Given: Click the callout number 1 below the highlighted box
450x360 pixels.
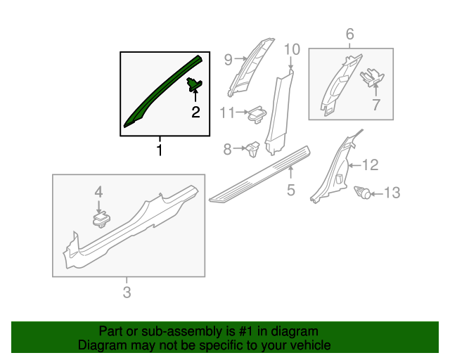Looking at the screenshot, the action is pyautogui.click(x=160, y=150).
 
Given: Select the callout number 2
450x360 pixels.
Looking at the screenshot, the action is pyautogui.click(x=195, y=112).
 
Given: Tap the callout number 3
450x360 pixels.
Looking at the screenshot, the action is pyautogui.click(x=127, y=292).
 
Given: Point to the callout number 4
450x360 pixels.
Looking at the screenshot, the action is pyautogui.click(x=98, y=192).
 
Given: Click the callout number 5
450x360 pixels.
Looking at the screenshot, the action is pyautogui.click(x=291, y=190).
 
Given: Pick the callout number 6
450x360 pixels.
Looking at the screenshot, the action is pyautogui.click(x=350, y=34).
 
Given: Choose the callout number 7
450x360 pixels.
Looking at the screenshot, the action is pyautogui.click(x=376, y=105).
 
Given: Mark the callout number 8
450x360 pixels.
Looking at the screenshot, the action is pyautogui.click(x=228, y=149).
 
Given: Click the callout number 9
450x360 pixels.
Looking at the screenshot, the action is pyautogui.click(x=228, y=60).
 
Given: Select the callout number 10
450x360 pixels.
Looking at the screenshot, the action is pyautogui.click(x=292, y=49).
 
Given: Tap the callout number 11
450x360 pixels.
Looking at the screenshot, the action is pyautogui.click(x=228, y=112).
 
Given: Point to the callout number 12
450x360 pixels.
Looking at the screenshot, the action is pyautogui.click(x=371, y=165).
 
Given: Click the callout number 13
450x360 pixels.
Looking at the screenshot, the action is pyautogui.click(x=392, y=193).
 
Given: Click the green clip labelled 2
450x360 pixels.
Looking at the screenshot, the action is pyautogui.click(x=194, y=84).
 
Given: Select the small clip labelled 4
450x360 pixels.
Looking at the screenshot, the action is pyautogui.click(x=101, y=219).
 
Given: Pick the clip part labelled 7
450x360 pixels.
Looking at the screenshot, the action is pyautogui.click(x=372, y=77).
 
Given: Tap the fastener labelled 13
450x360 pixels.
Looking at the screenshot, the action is pyautogui.click(x=363, y=193).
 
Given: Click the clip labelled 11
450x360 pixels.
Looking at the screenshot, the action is pyautogui.click(x=257, y=114).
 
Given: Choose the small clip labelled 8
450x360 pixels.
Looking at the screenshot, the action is pyautogui.click(x=252, y=148).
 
